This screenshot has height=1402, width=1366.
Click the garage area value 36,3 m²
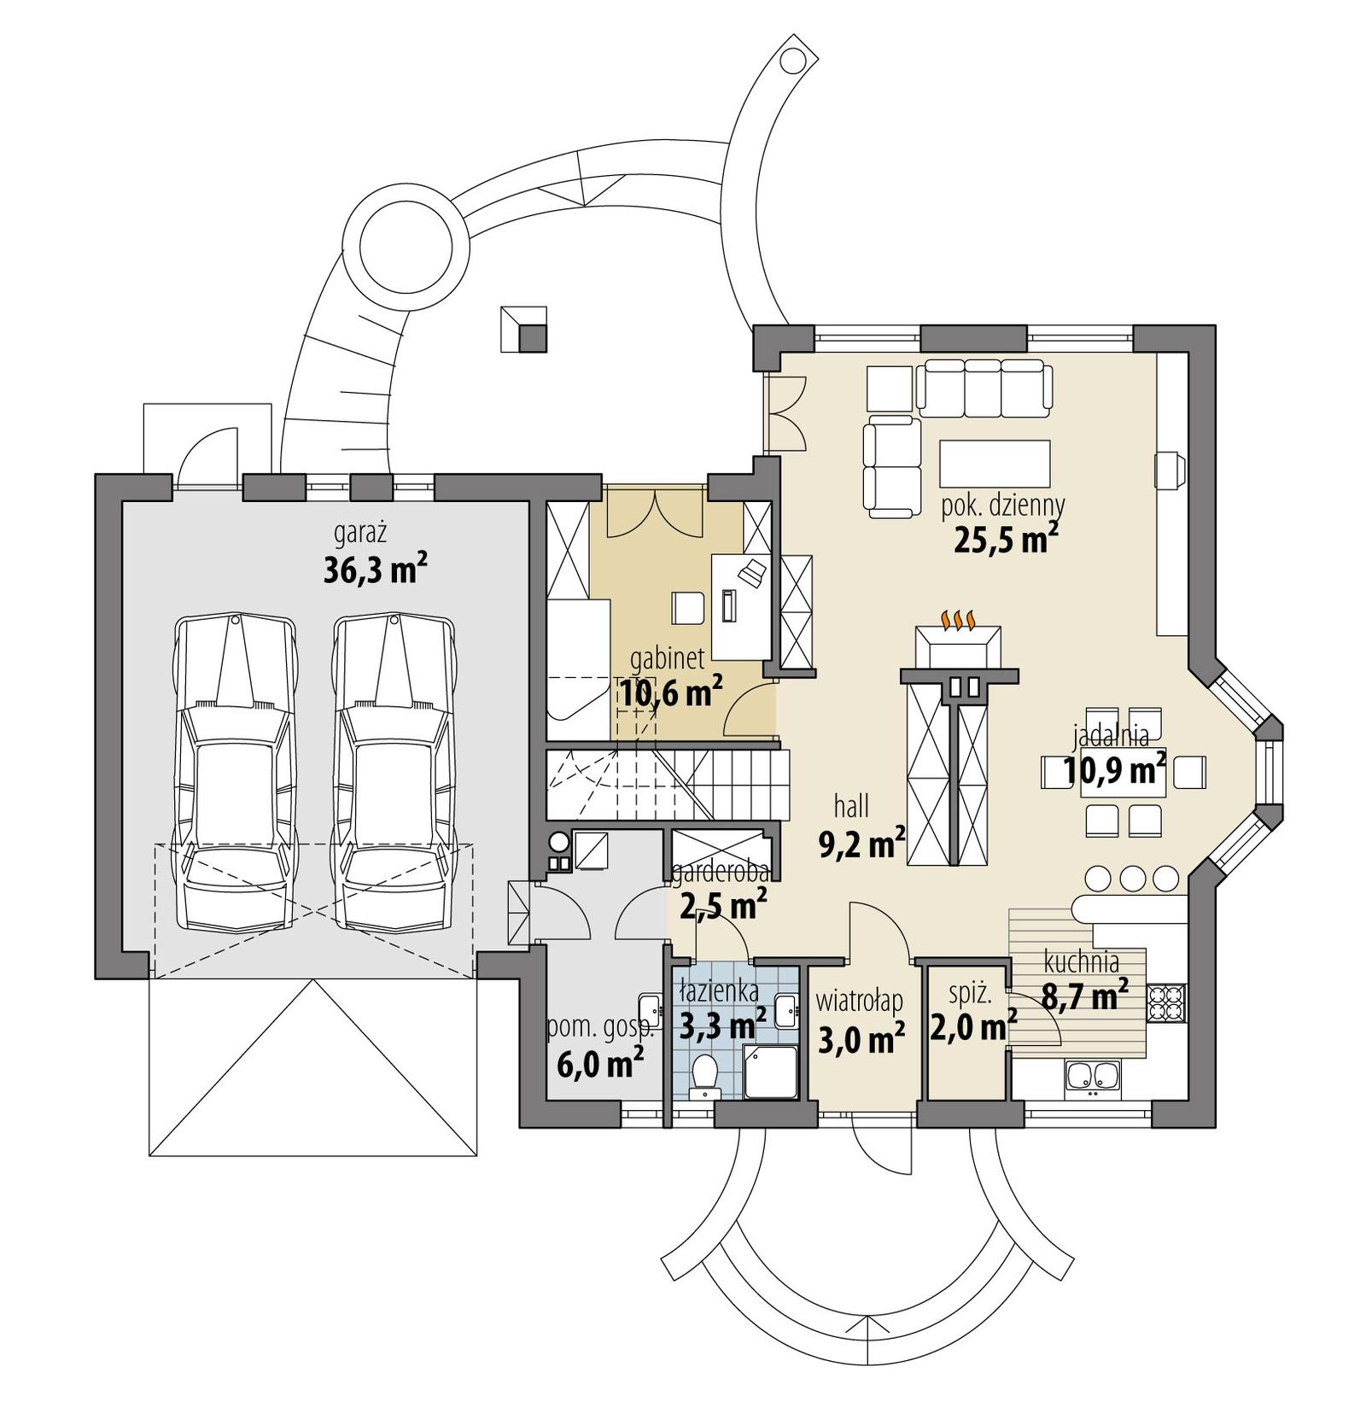[374, 570]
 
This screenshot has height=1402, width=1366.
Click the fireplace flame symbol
[958, 618]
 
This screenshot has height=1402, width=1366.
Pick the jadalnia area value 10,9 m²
[1114, 771]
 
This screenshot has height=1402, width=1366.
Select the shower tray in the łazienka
[771, 1069]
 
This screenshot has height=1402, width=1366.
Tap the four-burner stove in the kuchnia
[1165, 1003]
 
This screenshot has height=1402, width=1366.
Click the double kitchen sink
[1091, 1076]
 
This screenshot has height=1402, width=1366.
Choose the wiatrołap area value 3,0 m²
[861, 1040]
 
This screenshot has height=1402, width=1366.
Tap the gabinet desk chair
[688, 608]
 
